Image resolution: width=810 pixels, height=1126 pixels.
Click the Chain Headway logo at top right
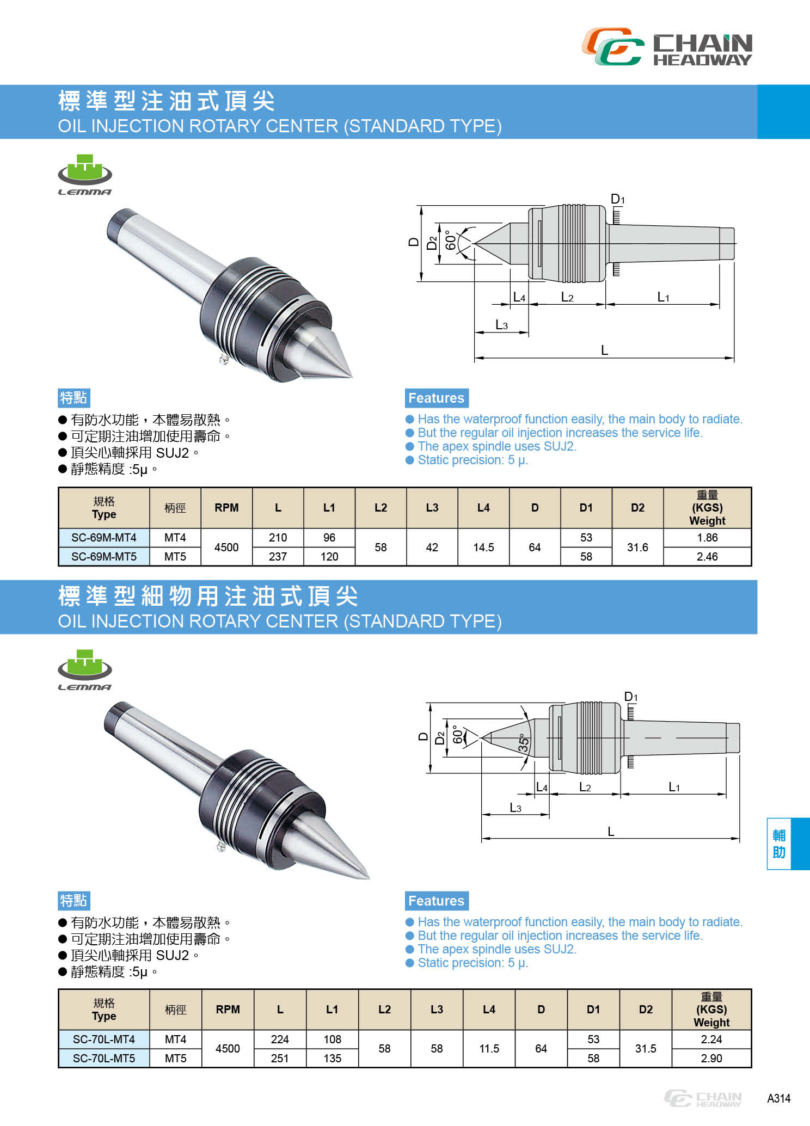(x=667, y=47)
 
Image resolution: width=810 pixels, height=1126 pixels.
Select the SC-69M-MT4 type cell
(x=104, y=538)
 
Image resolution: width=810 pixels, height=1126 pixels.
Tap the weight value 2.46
(x=707, y=556)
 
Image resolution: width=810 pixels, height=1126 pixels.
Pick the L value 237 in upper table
(x=278, y=556)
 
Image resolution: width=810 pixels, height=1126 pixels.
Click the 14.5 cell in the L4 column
(x=483, y=547)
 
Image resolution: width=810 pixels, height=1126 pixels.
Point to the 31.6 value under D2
(x=637, y=547)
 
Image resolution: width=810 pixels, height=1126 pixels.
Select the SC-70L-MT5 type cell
(x=104, y=1058)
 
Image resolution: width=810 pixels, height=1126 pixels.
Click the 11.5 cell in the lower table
(x=489, y=1048)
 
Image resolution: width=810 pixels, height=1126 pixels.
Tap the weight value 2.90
(x=711, y=1058)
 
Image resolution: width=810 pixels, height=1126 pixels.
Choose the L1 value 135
(x=332, y=1058)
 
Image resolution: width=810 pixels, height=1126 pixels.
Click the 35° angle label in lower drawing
(x=523, y=743)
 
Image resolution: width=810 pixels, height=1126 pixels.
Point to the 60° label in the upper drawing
(x=451, y=240)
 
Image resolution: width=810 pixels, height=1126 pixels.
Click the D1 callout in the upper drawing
(x=617, y=200)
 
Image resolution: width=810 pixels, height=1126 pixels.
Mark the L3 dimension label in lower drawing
(x=515, y=808)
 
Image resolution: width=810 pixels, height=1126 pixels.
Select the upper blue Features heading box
(x=436, y=398)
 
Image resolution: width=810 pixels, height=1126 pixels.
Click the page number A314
(x=778, y=1098)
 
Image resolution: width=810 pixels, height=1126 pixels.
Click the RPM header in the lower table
(x=228, y=1009)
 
